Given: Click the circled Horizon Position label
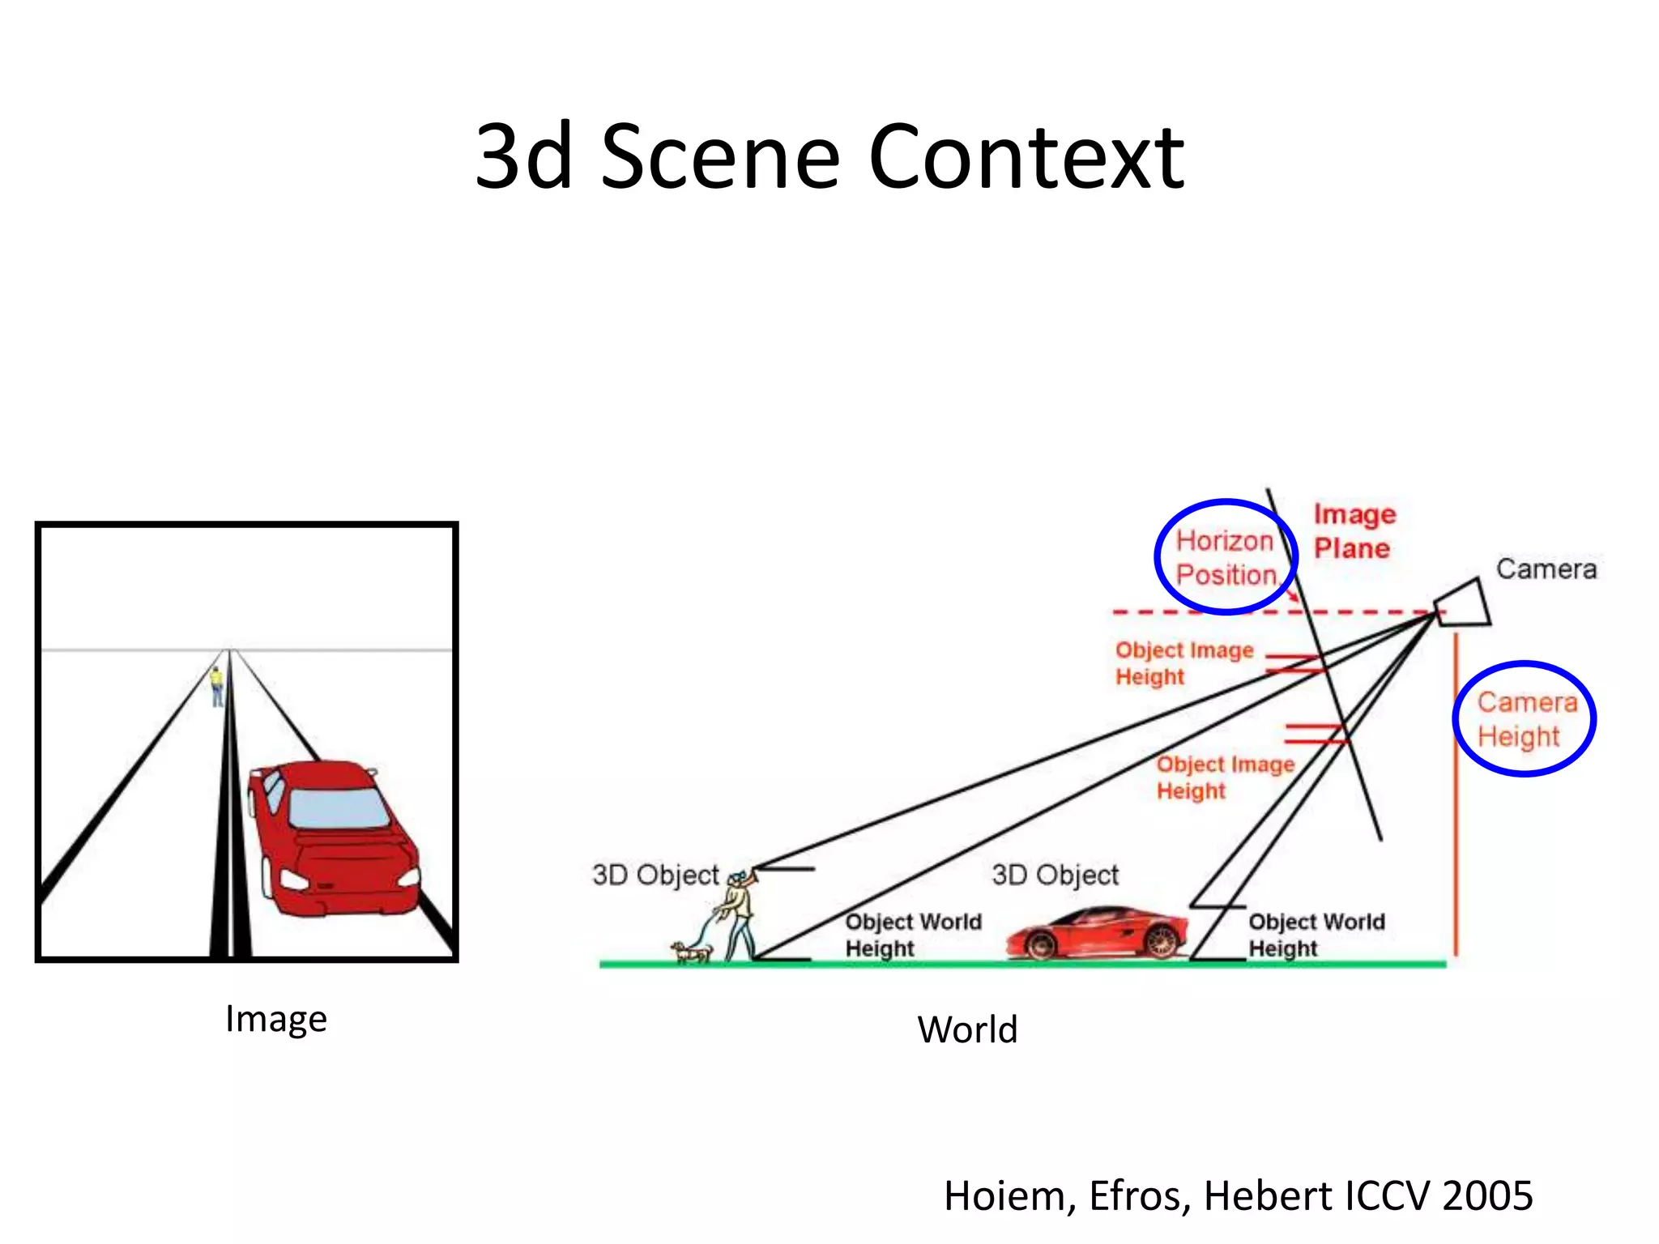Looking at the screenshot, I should coord(1226,557).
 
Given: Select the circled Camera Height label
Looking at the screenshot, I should coord(1525,719).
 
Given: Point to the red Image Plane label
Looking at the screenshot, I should coord(1354,531).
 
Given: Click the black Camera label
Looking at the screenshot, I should coord(1546,569).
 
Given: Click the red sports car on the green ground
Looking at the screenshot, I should coord(1098,934).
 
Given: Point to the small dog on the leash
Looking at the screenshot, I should coord(691,952).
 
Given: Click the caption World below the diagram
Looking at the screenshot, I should coord(967,1029).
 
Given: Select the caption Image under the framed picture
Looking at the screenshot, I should coord(276,1018).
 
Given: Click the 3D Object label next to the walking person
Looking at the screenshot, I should coord(655,875).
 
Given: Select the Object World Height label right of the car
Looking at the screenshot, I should coord(1316,935).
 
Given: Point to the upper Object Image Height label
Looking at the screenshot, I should coord(1183,662).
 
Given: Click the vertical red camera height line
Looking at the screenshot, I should coord(1456,794).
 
